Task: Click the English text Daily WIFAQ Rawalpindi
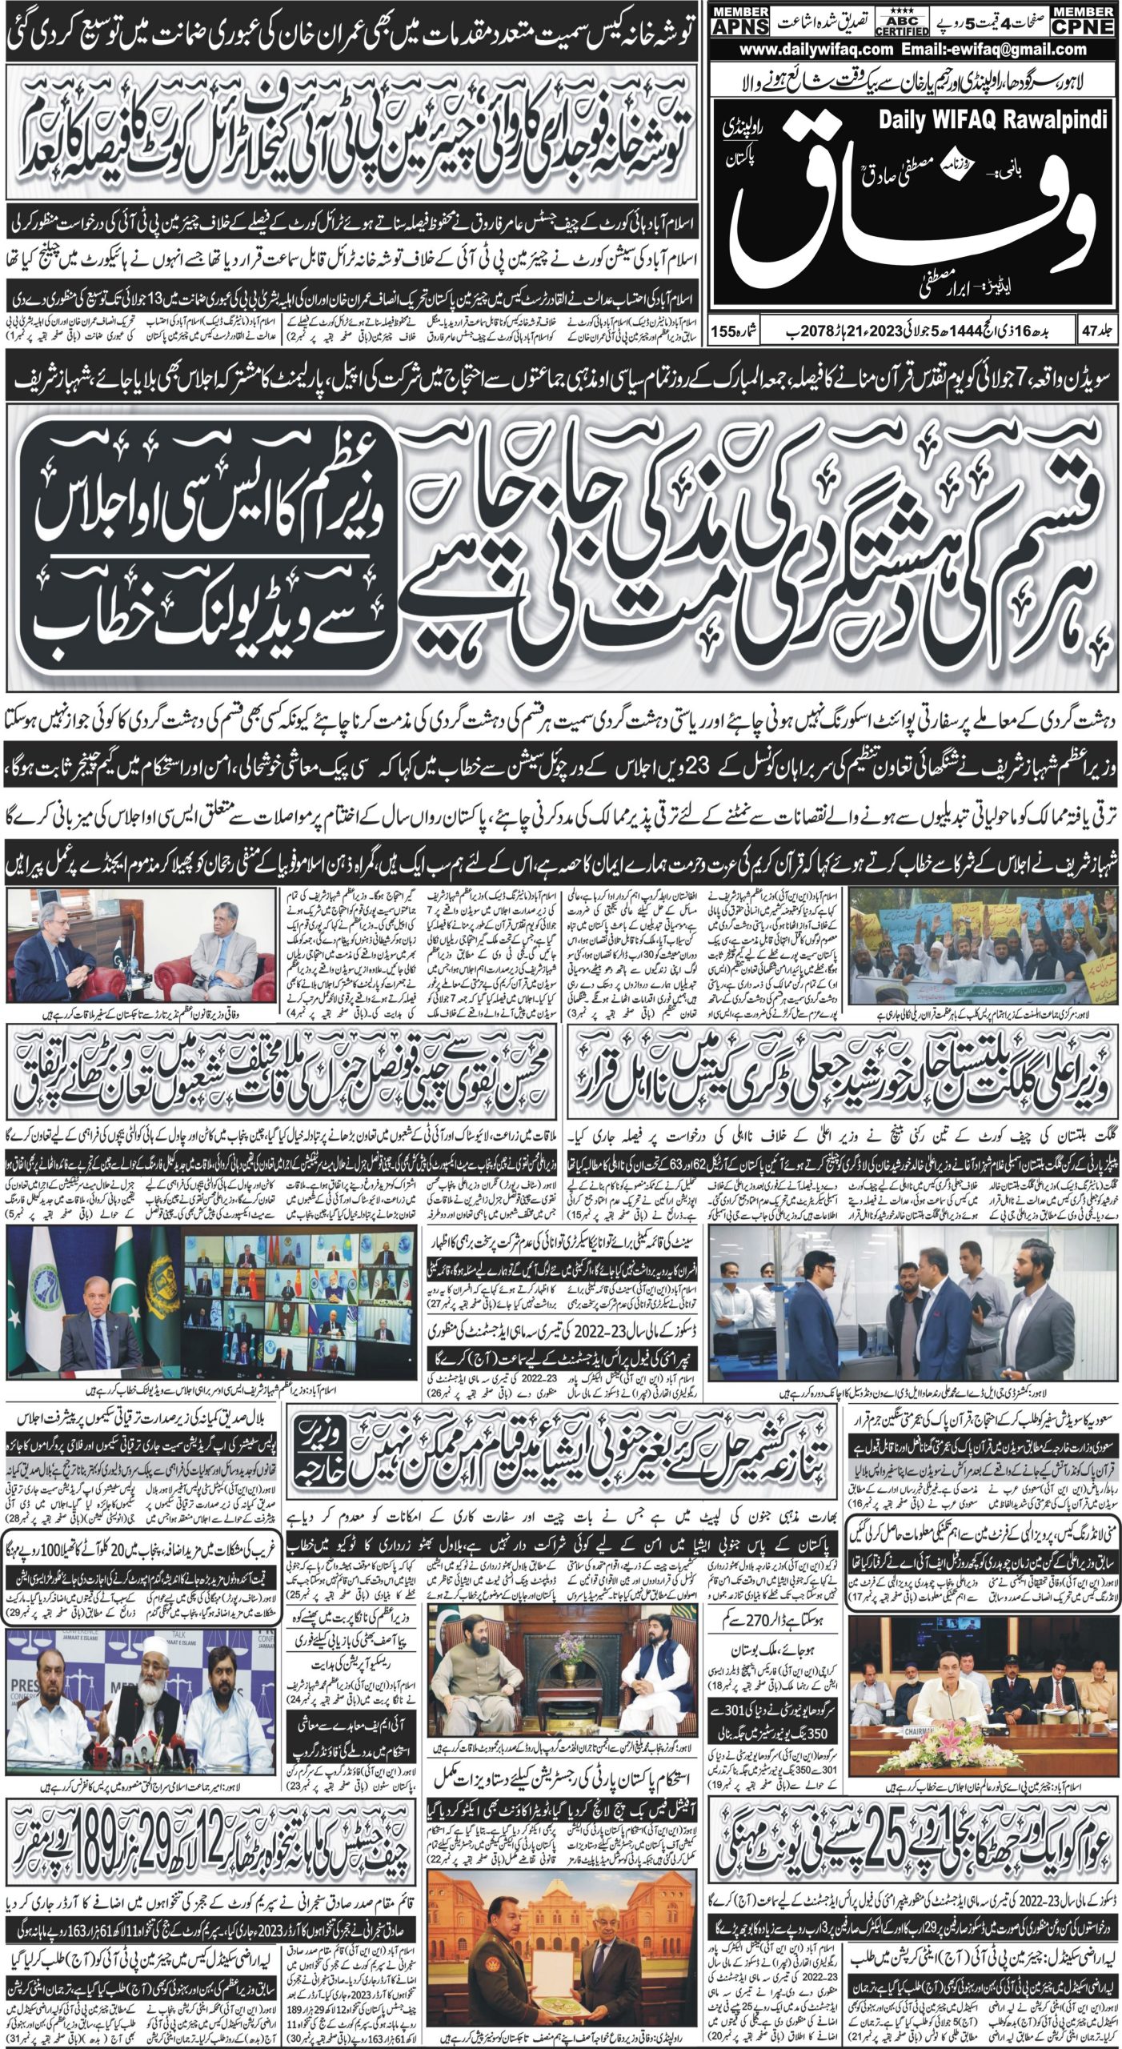tap(992, 121)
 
